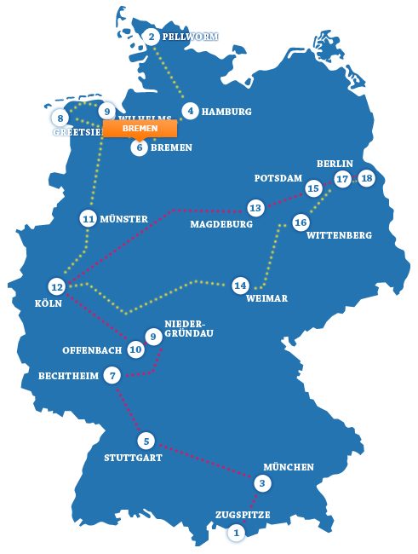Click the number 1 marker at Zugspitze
tap(237, 533)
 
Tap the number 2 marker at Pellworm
tap(152, 37)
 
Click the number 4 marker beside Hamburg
tap(191, 111)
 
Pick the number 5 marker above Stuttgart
tap(146, 441)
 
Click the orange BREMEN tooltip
tap(140, 129)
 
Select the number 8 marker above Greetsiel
tap(61, 118)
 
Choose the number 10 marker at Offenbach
tap(135, 349)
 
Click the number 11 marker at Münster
tap(88, 219)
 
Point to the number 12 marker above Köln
tap(57, 286)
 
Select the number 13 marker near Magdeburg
tap(255, 207)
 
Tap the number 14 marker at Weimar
tap(241, 285)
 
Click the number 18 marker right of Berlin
tap(366, 178)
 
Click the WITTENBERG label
tap(339, 235)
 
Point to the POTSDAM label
tap(279, 178)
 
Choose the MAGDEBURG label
tap(222, 224)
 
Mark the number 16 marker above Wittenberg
tap(300, 222)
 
